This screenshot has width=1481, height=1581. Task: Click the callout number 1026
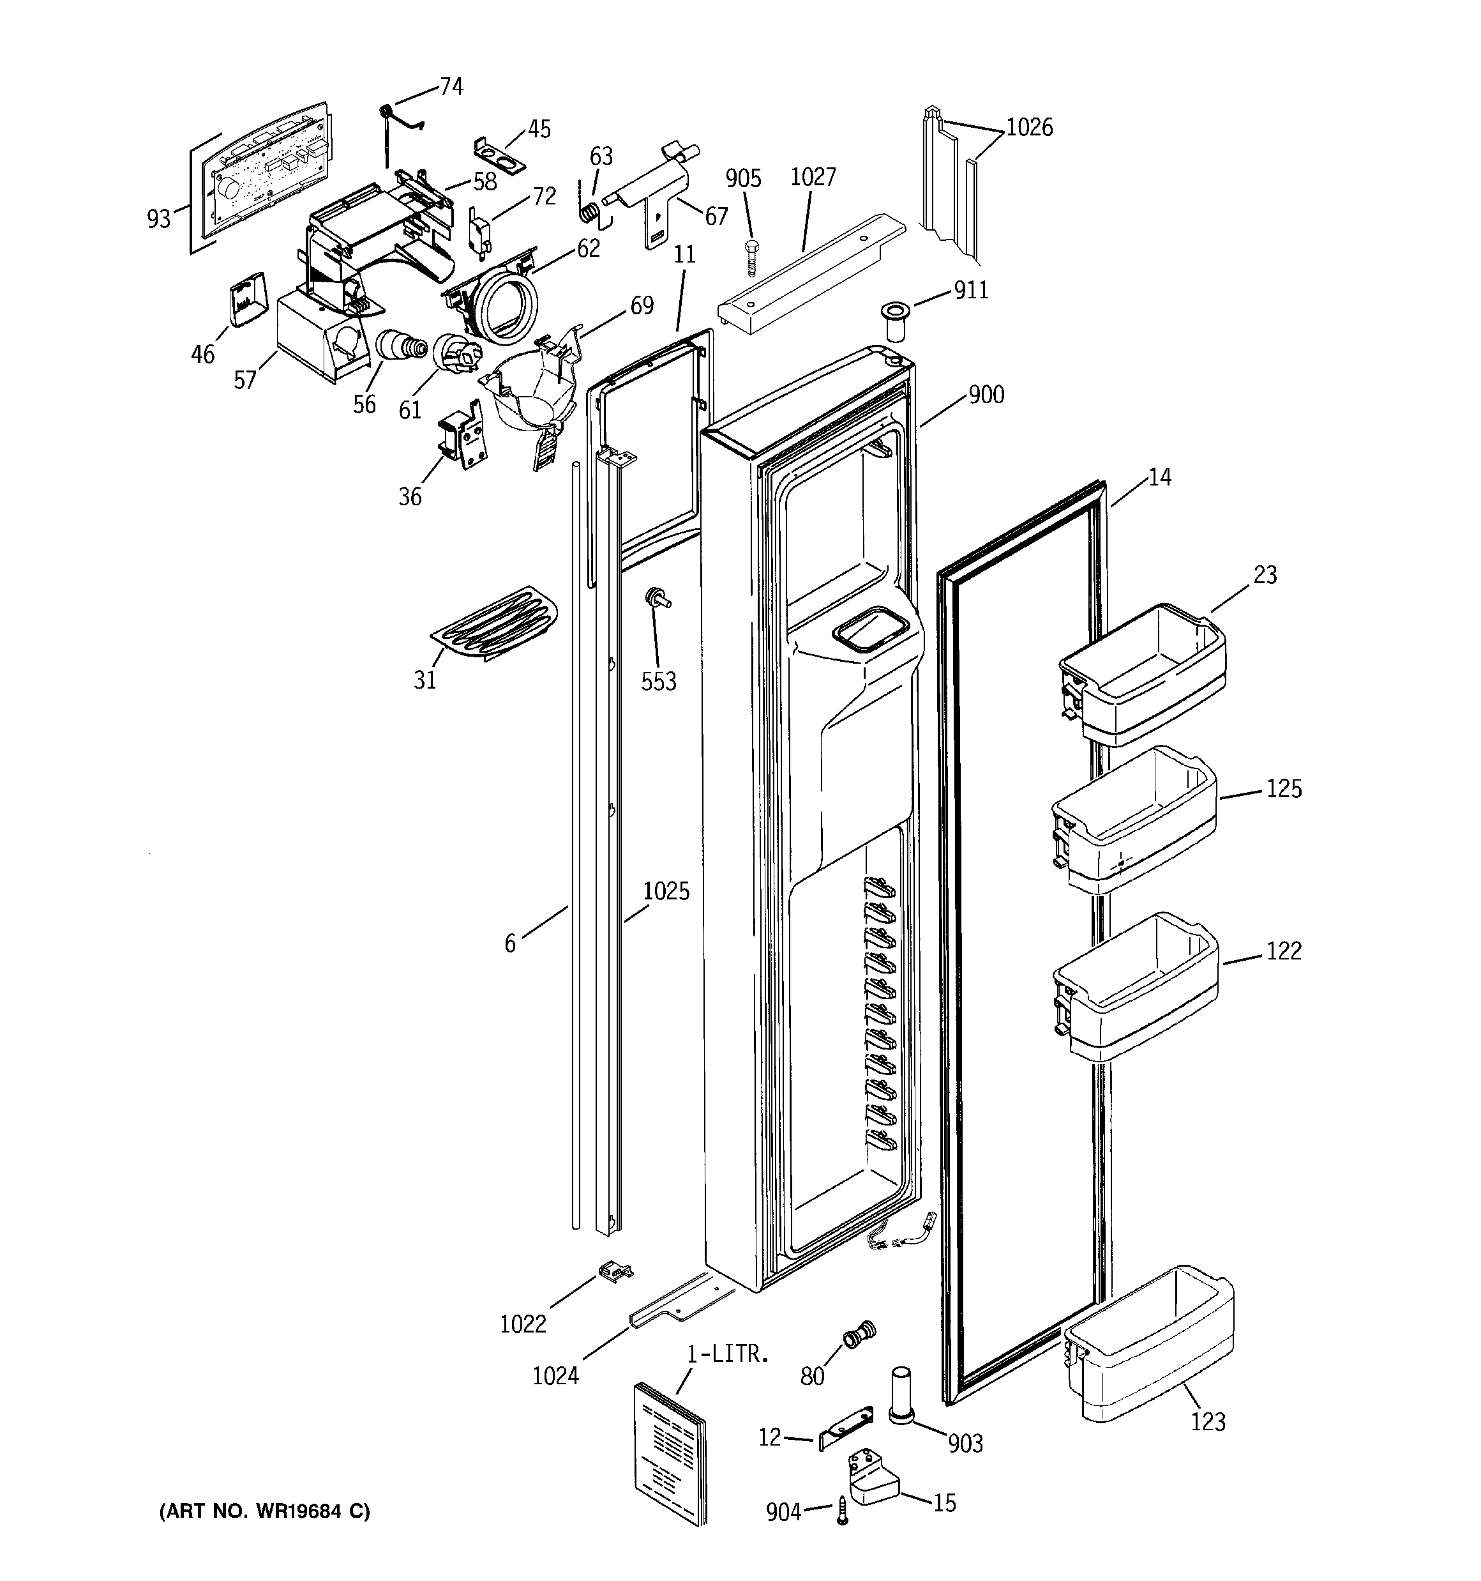[x=1030, y=127]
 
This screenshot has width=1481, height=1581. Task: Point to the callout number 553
[x=659, y=681]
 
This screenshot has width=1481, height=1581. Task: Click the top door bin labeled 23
[x=1143, y=673]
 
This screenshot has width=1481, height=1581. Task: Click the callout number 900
[x=986, y=395]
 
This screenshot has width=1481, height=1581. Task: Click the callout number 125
[x=1284, y=789]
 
